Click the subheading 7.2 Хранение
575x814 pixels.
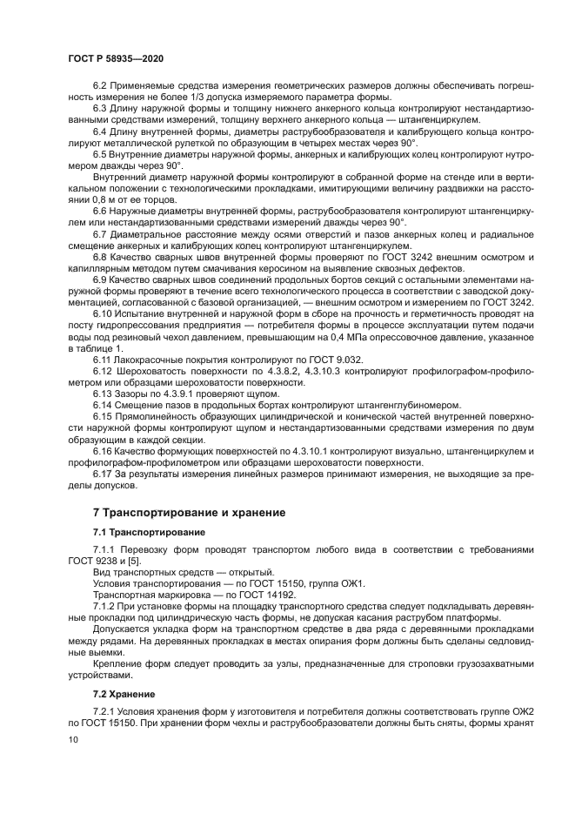click(x=124, y=694)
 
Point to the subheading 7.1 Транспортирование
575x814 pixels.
click(x=149, y=532)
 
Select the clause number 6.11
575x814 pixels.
click(x=104, y=359)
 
